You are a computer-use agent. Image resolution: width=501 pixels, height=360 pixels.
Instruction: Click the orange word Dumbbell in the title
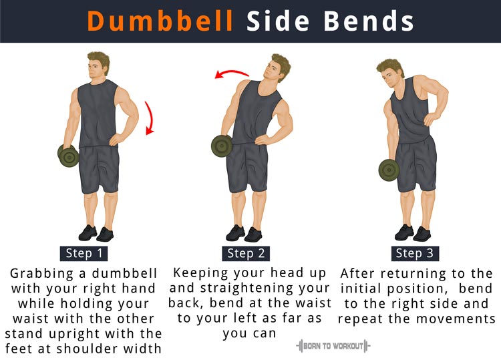tap(160, 21)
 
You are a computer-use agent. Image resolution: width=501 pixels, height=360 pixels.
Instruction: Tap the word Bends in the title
tap(369, 21)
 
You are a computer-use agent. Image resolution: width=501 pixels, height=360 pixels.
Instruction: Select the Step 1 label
tap(83, 253)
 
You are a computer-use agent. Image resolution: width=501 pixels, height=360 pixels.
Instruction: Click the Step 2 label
tap(246, 253)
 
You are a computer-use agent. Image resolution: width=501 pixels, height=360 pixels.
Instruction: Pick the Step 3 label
tap(415, 253)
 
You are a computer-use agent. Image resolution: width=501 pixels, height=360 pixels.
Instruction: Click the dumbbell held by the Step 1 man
tap(68, 155)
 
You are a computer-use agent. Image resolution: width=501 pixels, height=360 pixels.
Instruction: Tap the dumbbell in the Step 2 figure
tap(222, 146)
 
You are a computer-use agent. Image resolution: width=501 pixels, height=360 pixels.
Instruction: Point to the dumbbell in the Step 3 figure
tap(389, 170)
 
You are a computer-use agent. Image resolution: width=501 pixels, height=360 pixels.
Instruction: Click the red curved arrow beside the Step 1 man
tap(150, 118)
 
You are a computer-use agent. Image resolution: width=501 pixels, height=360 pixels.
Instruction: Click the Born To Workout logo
tap(333, 346)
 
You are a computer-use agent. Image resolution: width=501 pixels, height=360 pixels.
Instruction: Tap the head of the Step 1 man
tap(98, 66)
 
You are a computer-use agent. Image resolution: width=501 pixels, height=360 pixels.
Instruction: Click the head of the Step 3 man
tap(390, 73)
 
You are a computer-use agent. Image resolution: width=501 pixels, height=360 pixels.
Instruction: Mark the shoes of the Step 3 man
tap(413, 233)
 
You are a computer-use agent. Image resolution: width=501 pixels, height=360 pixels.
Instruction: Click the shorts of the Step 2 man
tap(246, 168)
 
